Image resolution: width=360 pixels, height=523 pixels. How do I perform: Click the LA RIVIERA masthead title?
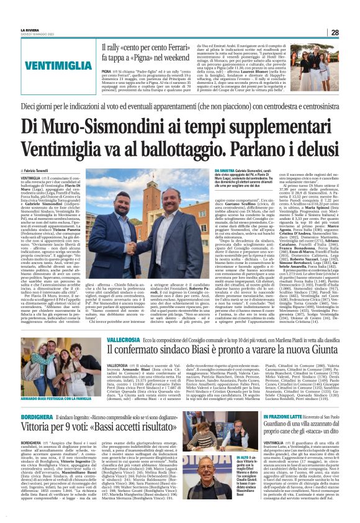(x=30, y=30)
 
